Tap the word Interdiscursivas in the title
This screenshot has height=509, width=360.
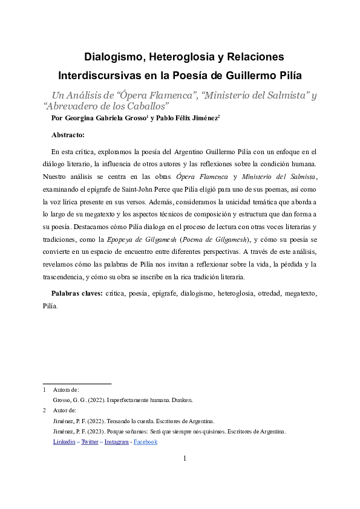point(99,77)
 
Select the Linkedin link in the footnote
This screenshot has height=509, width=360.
point(64,442)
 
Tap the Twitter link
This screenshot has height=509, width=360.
point(91,442)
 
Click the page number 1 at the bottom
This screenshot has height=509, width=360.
point(184,459)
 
